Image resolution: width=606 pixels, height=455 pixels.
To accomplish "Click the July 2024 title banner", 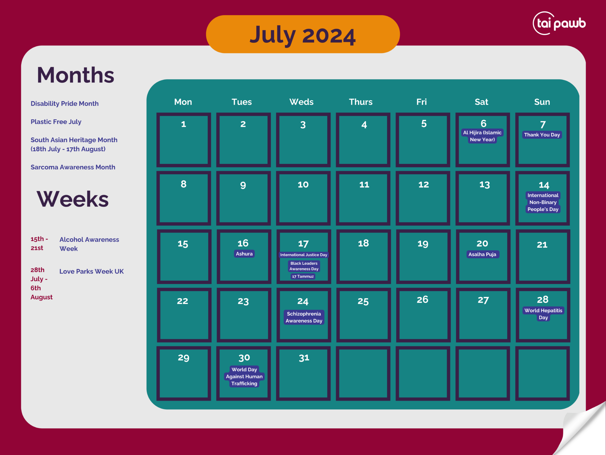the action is [x=303, y=34].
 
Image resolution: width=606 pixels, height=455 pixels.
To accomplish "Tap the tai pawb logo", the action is [x=559, y=23].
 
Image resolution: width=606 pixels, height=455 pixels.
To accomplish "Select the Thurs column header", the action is [x=361, y=102].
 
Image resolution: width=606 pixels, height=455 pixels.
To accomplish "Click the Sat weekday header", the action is [x=481, y=102].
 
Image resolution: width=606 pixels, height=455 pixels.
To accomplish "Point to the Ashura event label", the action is [x=244, y=254].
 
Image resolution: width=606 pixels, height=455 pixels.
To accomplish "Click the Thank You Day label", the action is [x=542, y=135].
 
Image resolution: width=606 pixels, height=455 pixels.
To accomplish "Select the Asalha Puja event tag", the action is [x=482, y=254].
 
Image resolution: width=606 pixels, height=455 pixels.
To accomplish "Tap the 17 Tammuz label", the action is [x=303, y=276].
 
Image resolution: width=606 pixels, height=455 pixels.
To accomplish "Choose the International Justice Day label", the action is [x=304, y=255].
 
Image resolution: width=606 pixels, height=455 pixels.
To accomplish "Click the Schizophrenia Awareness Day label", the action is [x=304, y=317].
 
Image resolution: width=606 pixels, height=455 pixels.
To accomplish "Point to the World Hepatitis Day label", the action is [x=543, y=314].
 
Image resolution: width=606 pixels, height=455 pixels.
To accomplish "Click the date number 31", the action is [x=304, y=358].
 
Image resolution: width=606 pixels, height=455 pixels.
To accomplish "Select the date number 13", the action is [x=484, y=185].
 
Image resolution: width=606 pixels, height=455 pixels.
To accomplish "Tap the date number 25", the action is [x=363, y=301].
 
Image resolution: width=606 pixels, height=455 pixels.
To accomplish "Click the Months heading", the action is [x=75, y=75].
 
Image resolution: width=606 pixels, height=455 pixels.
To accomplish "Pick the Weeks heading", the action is [x=73, y=199].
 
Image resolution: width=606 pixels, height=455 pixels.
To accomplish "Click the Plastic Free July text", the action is [x=56, y=122].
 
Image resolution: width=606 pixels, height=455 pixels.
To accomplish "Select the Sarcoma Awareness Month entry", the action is [x=73, y=167].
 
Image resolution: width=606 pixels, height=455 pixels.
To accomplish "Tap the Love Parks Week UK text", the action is [x=92, y=271].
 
